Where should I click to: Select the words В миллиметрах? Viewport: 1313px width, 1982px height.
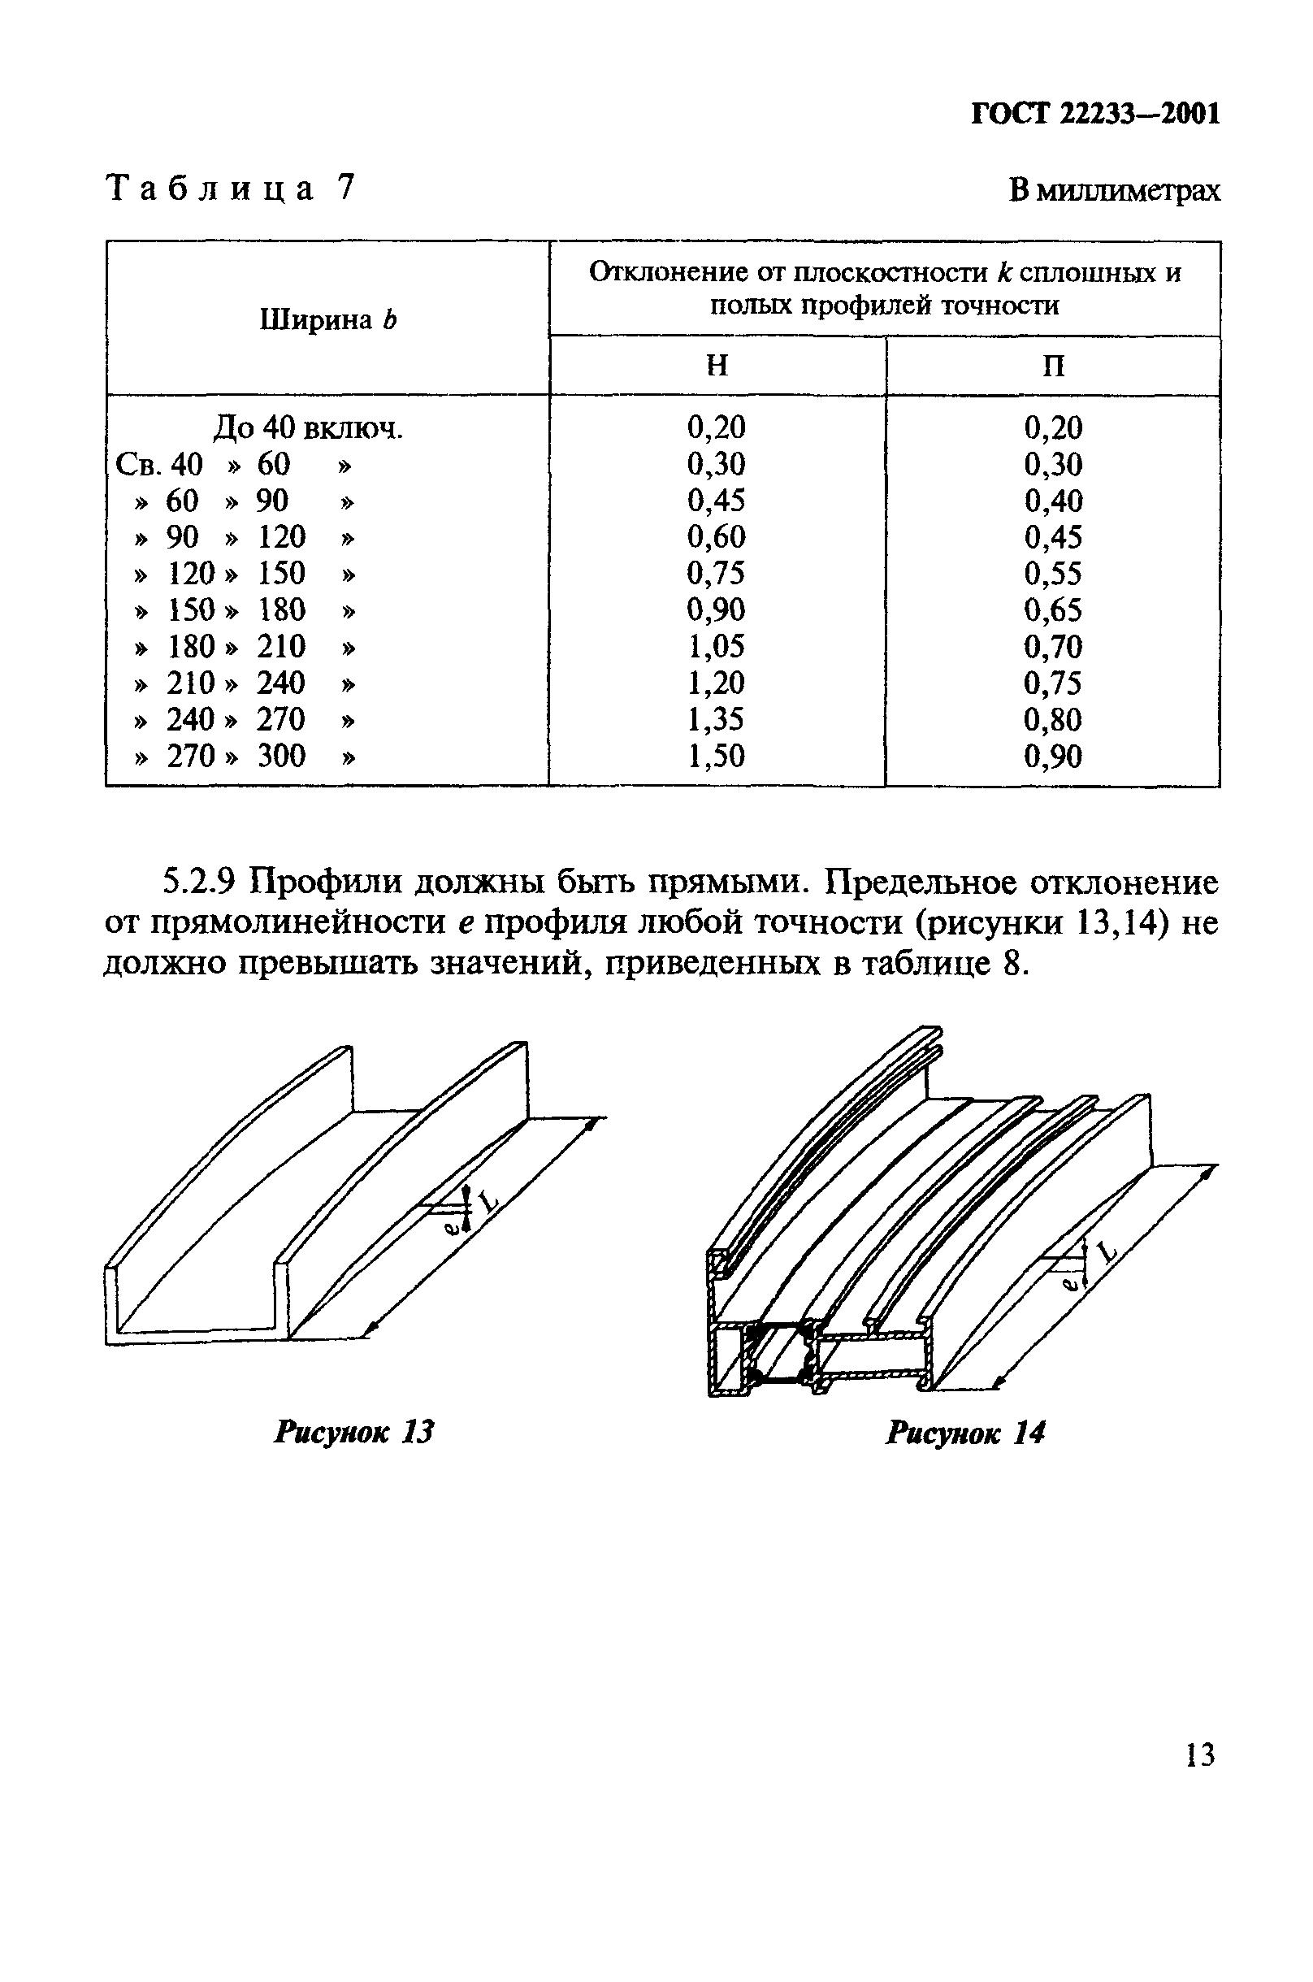pyautogui.click(x=1114, y=191)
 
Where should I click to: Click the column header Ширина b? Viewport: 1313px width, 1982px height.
pyautogui.click(x=327, y=319)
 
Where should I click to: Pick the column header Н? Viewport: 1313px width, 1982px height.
pyautogui.click(x=717, y=366)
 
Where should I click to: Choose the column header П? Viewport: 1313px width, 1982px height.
pyautogui.click(x=1054, y=366)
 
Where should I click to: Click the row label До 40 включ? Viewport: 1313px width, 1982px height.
pyautogui.click(x=308, y=428)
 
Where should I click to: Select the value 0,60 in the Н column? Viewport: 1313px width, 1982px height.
pyautogui.click(x=716, y=536)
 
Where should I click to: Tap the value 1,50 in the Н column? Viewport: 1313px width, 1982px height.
pyautogui.click(x=716, y=756)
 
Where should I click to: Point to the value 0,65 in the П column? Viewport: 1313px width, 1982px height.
pyautogui.click(x=1052, y=609)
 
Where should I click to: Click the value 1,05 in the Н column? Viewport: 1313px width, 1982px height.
pyautogui.click(x=716, y=646)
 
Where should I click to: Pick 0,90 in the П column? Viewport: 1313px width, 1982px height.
pyautogui.click(x=1052, y=756)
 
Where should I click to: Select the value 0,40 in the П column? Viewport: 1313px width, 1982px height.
pyautogui.click(x=1052, y=501)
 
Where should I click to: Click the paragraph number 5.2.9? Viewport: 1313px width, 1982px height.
pyautogui.click(x=200, y=883)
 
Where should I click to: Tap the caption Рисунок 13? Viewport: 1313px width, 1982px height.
pyautogui.click(x=354, y=1432)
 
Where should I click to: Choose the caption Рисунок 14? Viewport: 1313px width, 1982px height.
pyautogui.click(x=965, y=1433)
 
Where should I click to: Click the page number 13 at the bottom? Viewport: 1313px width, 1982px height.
pyautogui.click(x=1200, y=1754)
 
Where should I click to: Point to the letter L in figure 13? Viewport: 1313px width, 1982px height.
pyautogui.click(x=488, y=1203)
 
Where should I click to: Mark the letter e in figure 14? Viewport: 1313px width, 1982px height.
pyautogui.click(x=1068, y=1282)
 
